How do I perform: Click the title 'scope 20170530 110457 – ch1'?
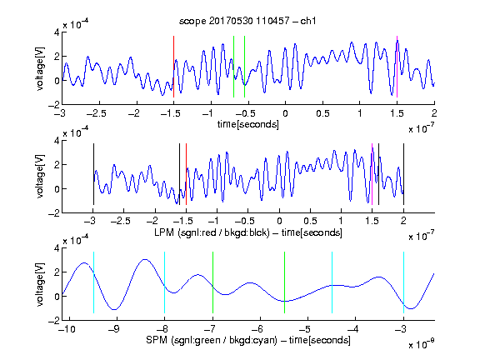(247, 21)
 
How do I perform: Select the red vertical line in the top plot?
(173, 67)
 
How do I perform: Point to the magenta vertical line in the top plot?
(397, 67)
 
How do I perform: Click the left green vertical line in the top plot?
(233, 67)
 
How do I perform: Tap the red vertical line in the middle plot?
(186, 174)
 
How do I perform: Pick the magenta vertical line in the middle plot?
(372, 174)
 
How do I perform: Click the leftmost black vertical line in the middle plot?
(93, 174)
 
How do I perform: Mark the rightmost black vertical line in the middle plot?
(403, 174)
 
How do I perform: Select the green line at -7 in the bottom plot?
(212, 282)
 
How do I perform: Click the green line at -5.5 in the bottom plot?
(284, 282)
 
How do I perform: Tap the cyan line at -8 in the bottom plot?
(165, 282)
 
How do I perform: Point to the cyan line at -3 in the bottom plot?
(403, 282)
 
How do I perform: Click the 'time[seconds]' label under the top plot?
(248, 124)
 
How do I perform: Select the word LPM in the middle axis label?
(164, 232)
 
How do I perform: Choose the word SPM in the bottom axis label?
(157, 340)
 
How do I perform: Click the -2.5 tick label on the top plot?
(96, 113)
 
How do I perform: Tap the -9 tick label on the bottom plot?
(114, 329)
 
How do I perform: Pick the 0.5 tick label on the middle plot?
(310, 221)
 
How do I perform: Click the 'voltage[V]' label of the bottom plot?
(40, 284)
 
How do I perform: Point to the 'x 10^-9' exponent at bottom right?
(422, 343)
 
